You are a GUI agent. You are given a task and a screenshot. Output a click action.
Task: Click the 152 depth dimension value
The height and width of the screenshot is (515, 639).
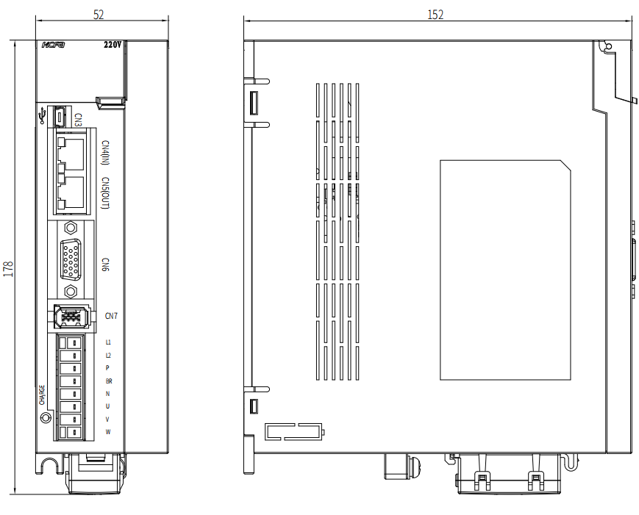[435, 15]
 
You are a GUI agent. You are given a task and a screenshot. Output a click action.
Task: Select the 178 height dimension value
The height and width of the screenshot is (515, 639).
[8, 268]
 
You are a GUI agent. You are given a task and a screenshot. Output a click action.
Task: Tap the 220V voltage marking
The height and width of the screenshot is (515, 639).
[113, 45]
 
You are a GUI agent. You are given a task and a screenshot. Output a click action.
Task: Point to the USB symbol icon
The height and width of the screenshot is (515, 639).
[43, 116]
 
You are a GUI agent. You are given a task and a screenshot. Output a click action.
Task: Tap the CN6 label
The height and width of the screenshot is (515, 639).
[104, 264]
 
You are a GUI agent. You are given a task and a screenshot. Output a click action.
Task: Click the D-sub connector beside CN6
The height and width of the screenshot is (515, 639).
[71, 260]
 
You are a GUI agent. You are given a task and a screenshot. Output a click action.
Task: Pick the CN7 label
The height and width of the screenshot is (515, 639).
[111, 316]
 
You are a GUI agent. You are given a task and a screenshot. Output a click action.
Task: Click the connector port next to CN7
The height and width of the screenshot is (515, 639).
[71, 318]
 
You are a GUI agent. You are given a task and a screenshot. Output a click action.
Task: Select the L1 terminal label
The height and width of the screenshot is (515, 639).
[108, 342]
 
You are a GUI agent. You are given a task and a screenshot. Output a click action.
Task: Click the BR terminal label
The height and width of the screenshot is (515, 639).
[109, 381]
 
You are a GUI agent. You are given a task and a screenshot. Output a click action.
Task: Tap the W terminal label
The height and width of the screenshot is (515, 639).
[108, 431]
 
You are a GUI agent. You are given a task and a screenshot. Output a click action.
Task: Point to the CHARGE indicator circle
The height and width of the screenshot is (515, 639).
[46, 417]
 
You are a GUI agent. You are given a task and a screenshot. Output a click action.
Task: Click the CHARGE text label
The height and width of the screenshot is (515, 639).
[42, 395]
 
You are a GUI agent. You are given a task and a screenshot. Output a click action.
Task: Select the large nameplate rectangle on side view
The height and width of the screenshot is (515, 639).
[505, 270]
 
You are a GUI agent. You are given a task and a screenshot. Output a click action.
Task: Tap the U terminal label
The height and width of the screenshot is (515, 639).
[108, 406]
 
